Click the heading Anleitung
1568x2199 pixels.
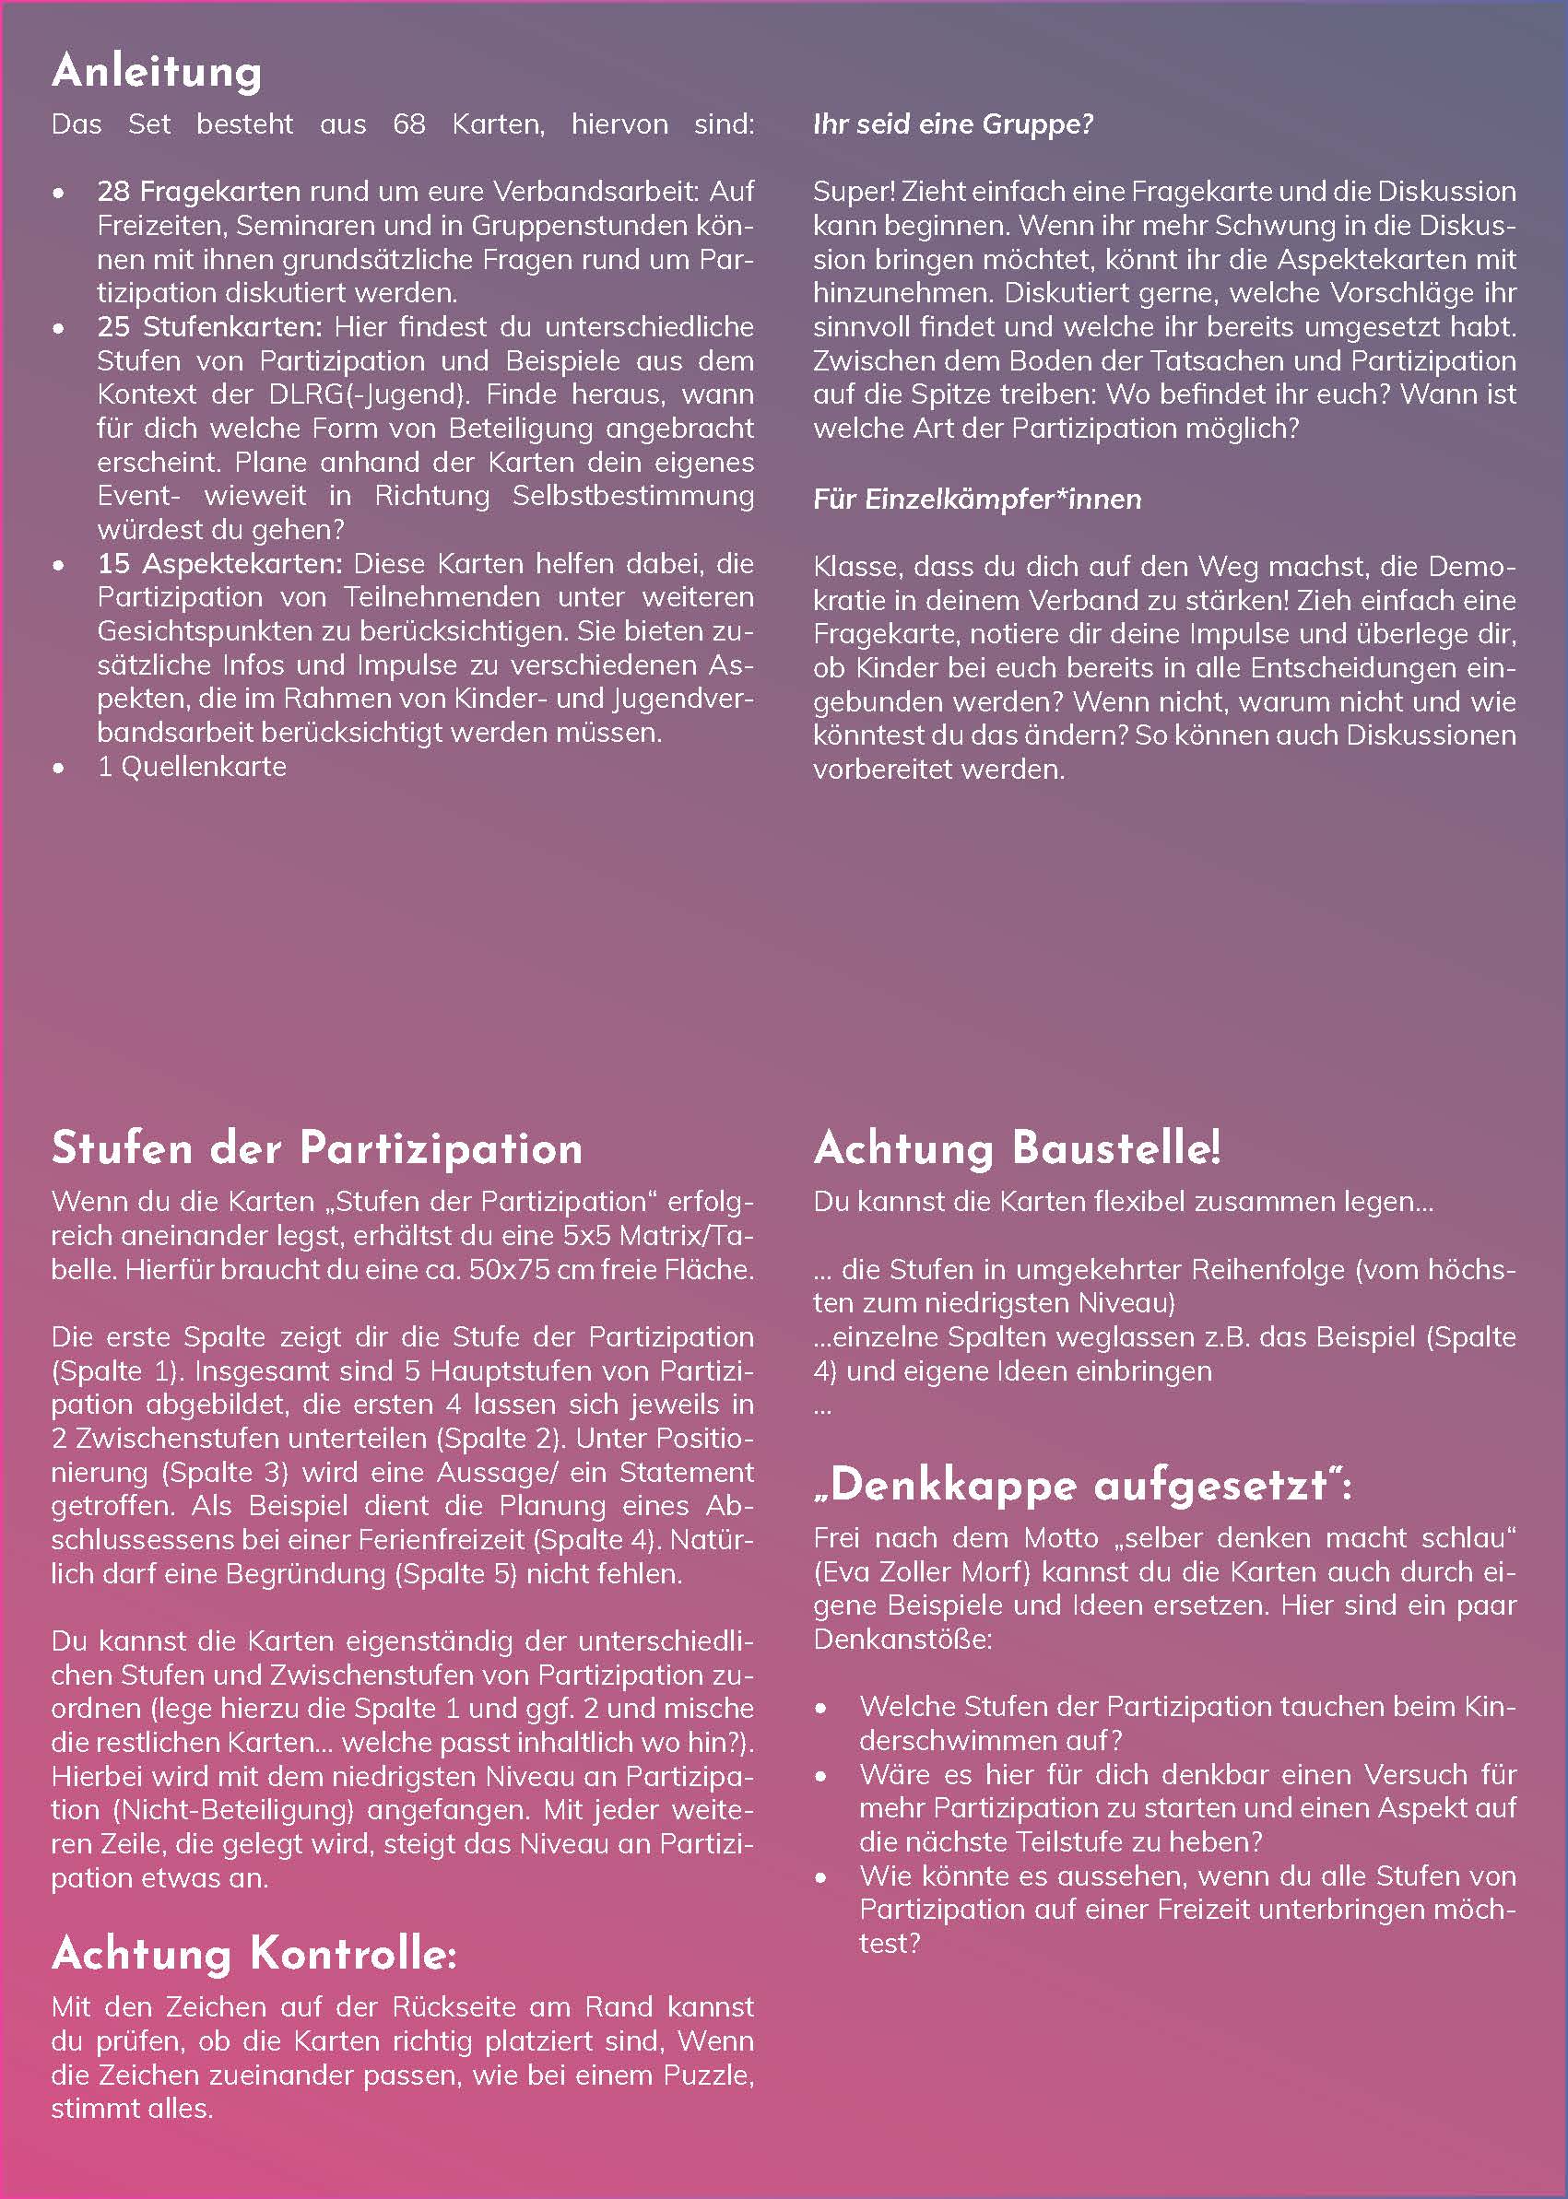click(x=157, y=73)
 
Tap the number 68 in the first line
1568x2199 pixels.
click(x=408, y=124)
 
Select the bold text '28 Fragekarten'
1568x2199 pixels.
click(x=198, y=191)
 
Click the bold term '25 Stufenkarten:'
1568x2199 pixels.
click(x=209, y=326)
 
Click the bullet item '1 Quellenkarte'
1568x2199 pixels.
click(x=191, y=767)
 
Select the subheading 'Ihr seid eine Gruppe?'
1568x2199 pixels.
click(x=953, y=124)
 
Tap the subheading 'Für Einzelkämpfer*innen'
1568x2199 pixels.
click(x=977, y=500)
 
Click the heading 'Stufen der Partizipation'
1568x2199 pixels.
click(x=317, y=1148)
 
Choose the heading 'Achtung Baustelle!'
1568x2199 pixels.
click(x=1017, y=1148)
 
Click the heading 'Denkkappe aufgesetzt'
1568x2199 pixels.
click(x=1081, y=1486)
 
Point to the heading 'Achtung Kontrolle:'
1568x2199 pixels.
click(x=253, y=1954)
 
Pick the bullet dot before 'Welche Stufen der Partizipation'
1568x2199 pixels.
click(x=820, y=1708)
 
